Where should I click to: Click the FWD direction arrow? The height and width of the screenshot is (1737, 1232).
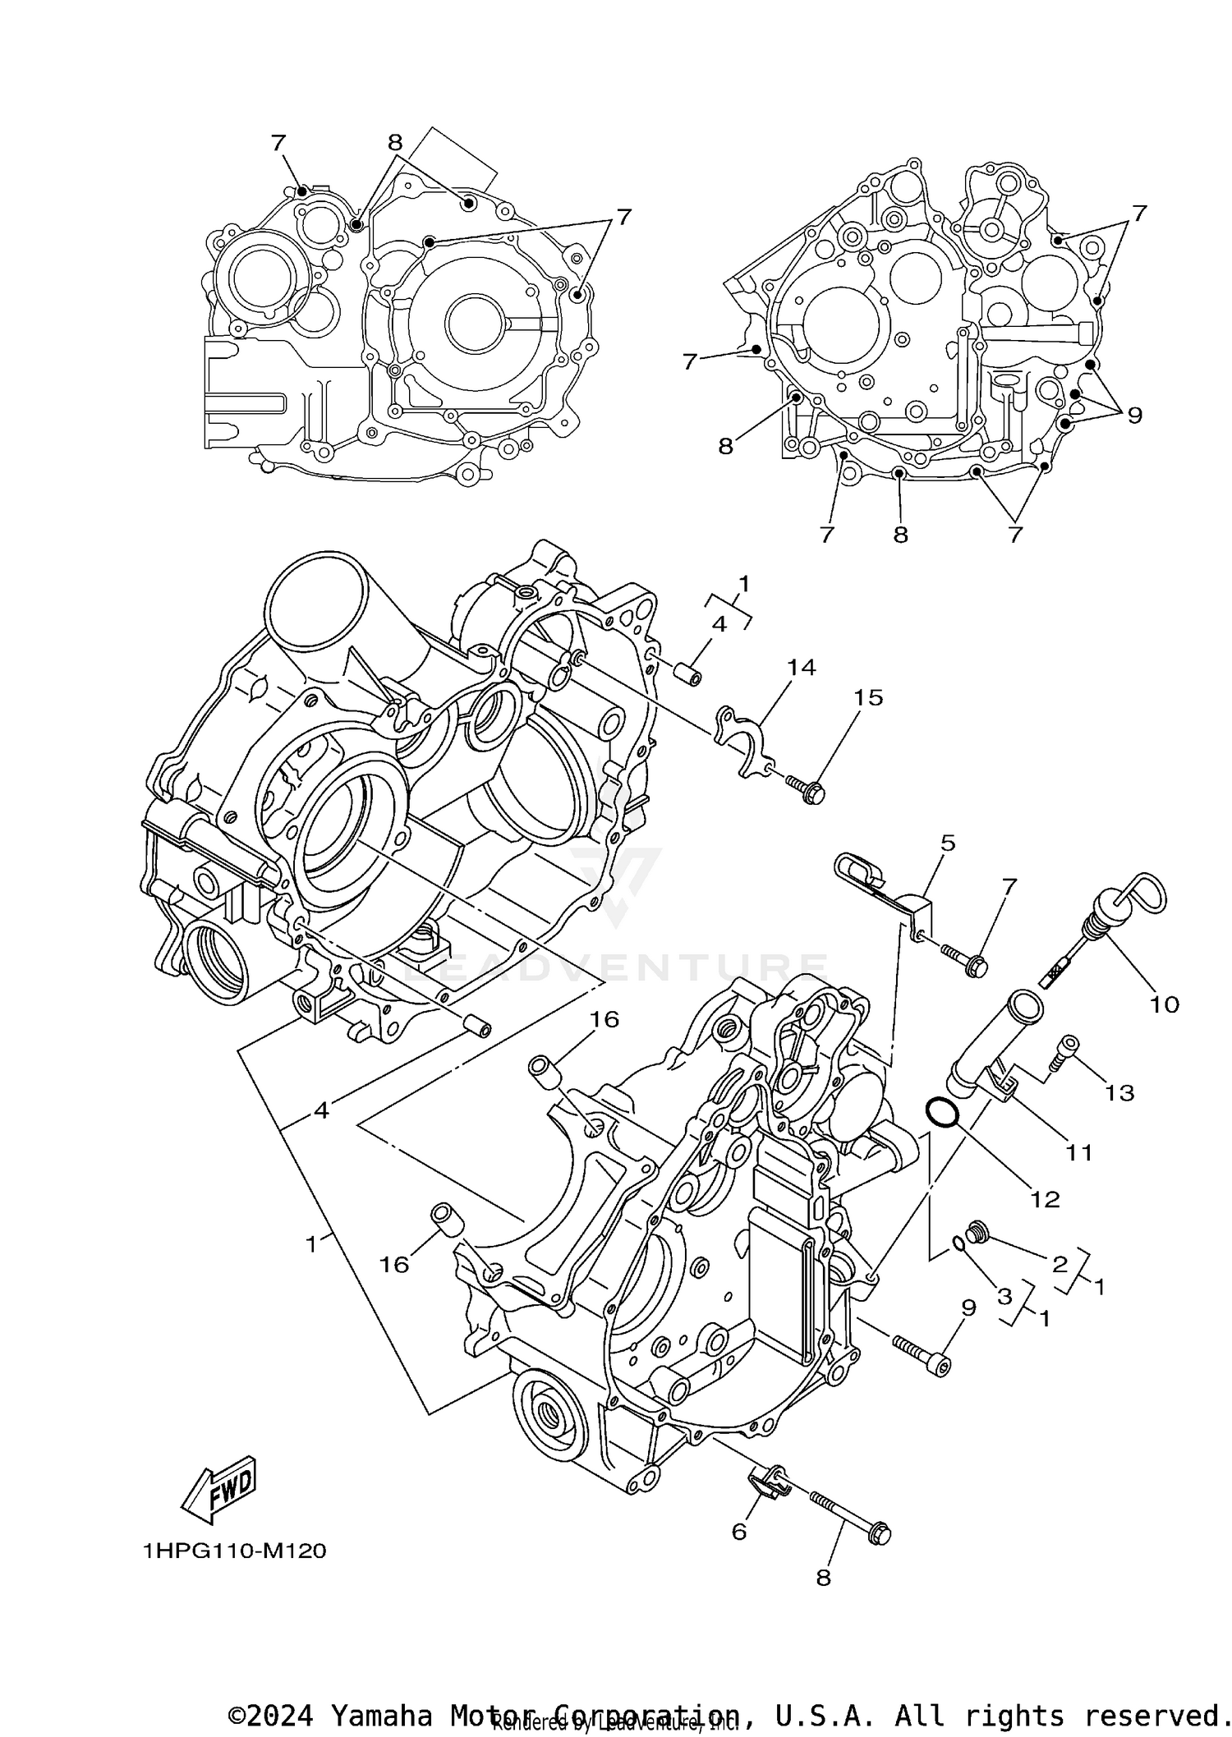(x=219, y=1487)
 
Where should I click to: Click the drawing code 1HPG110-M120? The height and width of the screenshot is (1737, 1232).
(x=234, y=1551)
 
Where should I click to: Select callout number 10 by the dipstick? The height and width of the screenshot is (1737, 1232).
(x=1164, y=1004)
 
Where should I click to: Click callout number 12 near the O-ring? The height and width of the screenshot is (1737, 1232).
(x=1045, y=1199)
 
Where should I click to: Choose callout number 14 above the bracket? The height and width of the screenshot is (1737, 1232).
(x=801, y=668)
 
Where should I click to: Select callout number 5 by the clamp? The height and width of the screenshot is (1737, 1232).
(x=948, y=843)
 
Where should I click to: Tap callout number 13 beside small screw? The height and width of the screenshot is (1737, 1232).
(x=1119, y=1092)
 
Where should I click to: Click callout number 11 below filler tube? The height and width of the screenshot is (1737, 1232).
(x=1078, y=1152)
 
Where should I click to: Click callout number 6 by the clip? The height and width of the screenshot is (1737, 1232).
(x=739, y=1531)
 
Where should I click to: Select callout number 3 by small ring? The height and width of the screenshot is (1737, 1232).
(x=1004, y=1297)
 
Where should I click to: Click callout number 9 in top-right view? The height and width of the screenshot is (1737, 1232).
(x=1134, y=416)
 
